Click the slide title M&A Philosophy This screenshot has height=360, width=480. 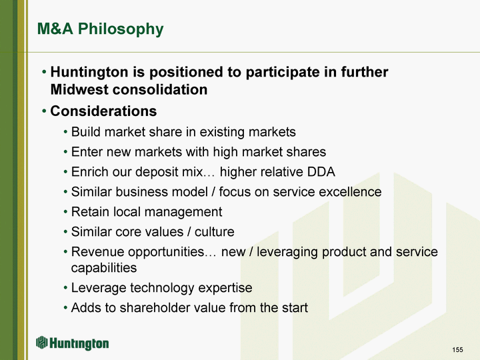click(x=100, y=29)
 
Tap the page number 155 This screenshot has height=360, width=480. click(x=457, y=349)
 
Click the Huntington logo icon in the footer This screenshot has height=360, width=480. click(x=41, y=342)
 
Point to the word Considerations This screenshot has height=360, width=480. click(x=103, y=111)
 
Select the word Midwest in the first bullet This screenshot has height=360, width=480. click(x=79, y=90)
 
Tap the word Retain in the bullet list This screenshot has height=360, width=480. click(x=90, y=212)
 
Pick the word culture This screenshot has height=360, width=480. click(x=214, y=232)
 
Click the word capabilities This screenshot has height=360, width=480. click(x=104, y=268)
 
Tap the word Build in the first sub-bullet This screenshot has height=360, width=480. click(x=86, y=132)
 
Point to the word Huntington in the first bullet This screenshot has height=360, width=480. click(x=89, y=73)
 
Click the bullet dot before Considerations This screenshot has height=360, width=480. click(x=45, y=111)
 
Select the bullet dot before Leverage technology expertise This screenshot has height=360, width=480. click(x=65, y=289)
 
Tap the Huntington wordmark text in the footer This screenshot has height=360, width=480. click(x=79, y=343)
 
